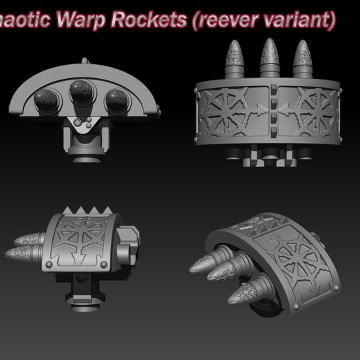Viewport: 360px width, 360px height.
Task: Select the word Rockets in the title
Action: point(158,19)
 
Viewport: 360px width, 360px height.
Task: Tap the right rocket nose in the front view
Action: point(118,98)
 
